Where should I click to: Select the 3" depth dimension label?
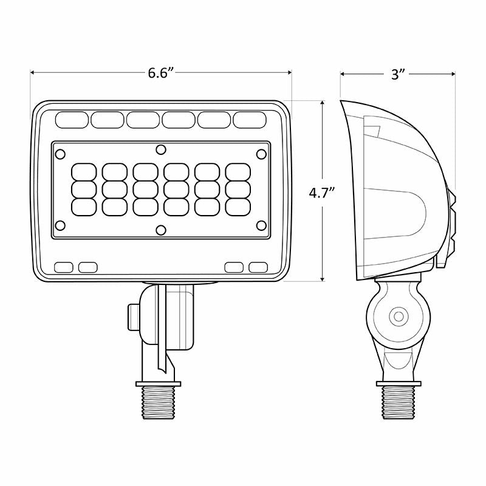pos(398,74)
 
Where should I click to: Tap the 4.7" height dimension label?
pos(323,194)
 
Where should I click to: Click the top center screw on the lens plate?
pos(160,149)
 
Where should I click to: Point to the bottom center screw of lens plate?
pos(160,229)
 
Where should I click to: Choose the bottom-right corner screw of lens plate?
pos(261,225)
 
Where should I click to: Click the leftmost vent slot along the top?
pos(72,120)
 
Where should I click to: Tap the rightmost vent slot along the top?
pos(250,120)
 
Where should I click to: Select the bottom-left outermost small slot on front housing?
pos(63,267)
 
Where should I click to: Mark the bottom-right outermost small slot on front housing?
pos(258,267)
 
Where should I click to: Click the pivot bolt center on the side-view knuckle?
pos(399,317)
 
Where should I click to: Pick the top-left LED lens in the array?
pos(84,171)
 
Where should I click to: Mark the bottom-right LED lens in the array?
pos(238,206)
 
